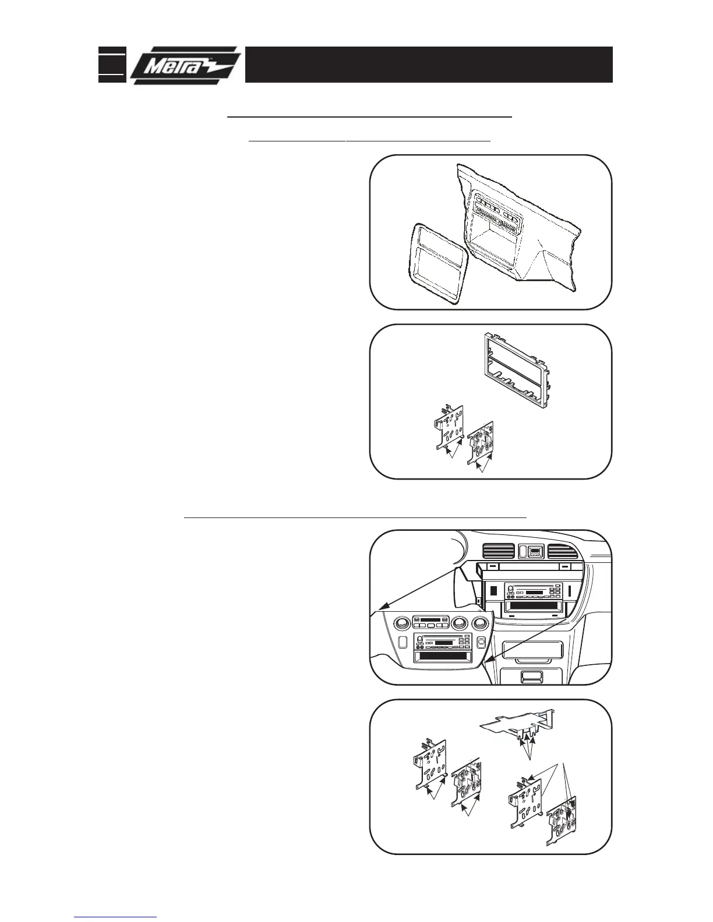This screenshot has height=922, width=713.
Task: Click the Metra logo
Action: click(x=185, y=65)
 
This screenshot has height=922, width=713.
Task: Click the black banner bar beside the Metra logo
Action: click(x=428, y=65)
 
